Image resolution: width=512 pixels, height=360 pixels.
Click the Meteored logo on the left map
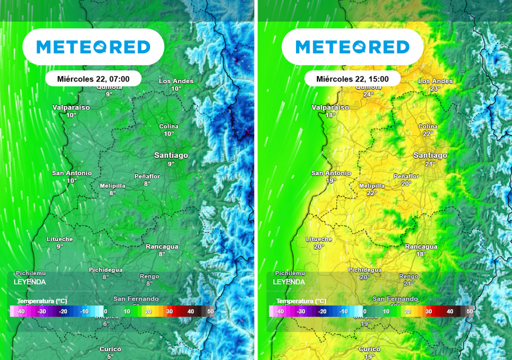93,47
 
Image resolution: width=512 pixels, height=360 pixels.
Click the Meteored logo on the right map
352,47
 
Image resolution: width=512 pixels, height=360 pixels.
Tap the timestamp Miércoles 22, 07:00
93,78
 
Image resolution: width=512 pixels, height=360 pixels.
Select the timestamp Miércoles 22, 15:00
352,78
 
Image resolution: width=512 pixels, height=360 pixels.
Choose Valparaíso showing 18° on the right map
330,110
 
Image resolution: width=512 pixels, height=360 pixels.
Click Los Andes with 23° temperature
435,84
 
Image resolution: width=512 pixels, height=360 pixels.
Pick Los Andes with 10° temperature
176,84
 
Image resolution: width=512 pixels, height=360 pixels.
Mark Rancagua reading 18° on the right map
421,250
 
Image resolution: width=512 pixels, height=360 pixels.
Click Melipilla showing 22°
371,189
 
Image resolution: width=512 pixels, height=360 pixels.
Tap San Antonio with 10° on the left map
72,176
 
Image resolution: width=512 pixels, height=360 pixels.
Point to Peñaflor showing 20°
406,180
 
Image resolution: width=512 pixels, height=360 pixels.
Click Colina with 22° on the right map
427,130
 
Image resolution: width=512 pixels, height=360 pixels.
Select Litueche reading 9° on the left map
59,242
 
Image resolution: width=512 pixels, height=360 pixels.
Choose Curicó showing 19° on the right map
369,352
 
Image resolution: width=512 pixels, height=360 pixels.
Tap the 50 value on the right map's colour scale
469,311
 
